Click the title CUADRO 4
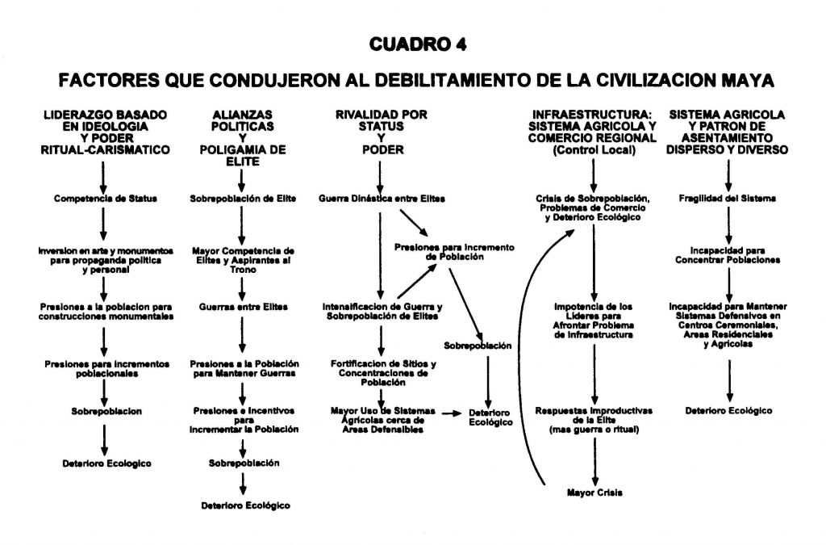(418, 44)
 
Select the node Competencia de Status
(106, 199)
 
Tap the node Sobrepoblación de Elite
(243, 199)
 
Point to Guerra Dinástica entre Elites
(382, 199)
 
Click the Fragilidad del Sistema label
(727, 199)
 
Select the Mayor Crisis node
(594, 493)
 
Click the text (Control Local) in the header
(594, 150)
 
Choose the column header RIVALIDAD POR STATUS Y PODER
(382, 132)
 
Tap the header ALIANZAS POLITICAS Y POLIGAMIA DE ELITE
(243, 138)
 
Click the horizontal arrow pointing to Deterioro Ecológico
(452, 413)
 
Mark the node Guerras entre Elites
(244, 307)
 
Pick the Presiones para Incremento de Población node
(454, 252)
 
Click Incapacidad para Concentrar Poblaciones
(728, 255)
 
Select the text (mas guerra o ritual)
(594, 430)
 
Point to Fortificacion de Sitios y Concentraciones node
(383, 373)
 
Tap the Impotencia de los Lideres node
(594, 321)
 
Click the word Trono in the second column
(243, 270)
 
